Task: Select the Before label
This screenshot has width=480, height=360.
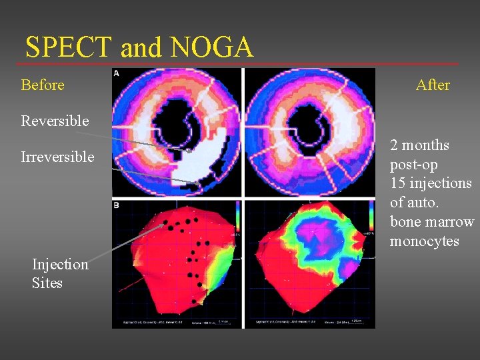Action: pyautogui.click(x=43, y=85)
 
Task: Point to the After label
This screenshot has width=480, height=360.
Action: pyautogui.click(x=433, y=85)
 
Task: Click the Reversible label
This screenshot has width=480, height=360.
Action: pyautogui.click(x=55, y=121)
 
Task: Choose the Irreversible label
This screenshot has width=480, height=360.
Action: pyautogui.click(x=57, y=157)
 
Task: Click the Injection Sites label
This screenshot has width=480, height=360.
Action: pyautogui.click(x=60, y=273)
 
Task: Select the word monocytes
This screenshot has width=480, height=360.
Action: pyautogui.click(x=425, y=241)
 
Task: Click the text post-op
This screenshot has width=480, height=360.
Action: pyautogui.click(x=413, y=164)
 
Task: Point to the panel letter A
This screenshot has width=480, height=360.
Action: pyautogui.click(x=117, y=73)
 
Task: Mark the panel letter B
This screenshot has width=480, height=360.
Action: pyautogui.click(x=117, y=205)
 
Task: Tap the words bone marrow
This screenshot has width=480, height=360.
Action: pyautogui.click(x=432, y=221)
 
